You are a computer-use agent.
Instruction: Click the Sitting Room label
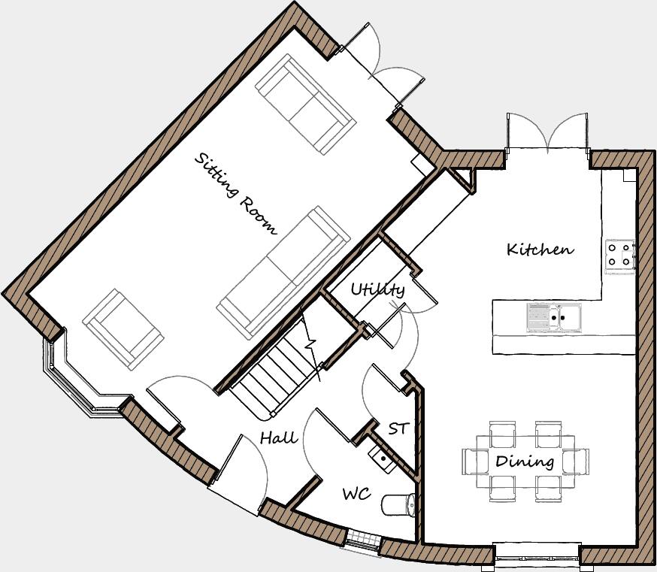tap(236, 193)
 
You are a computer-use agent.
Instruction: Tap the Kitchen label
tap(540, 249)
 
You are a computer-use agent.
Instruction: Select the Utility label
tap(377, 289)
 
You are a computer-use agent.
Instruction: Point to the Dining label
tap(525, 461)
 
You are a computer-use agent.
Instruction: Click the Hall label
tap(278, 437)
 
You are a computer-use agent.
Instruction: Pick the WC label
tap(356, 494)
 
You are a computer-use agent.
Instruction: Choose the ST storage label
tap(398, 428)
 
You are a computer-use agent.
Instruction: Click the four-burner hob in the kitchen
tap(620, 254)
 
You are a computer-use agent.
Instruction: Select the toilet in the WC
tap(399, 504)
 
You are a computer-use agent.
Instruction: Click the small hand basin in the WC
tap(380, 456)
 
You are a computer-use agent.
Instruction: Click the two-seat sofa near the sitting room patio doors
tap(304, 104)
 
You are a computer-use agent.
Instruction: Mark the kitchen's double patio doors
tap(546, 133)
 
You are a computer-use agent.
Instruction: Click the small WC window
tap(362, 539)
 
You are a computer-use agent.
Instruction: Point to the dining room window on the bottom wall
tap(537, 554)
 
